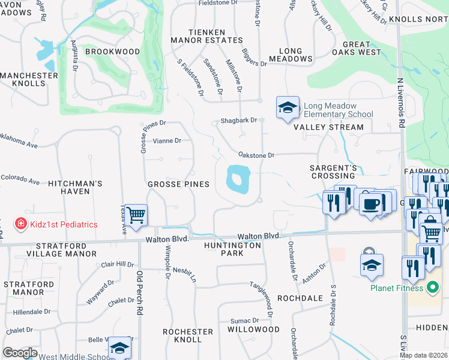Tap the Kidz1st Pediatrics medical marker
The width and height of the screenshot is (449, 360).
coord(20,224)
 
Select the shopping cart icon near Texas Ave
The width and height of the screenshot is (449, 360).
coord(136,214)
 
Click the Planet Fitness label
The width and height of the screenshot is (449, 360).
coord(397,287)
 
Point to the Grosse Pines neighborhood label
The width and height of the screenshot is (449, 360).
coord(179,184)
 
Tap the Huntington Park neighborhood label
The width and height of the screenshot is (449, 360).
coord(232,249)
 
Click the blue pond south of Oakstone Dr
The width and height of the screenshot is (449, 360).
coord(238,179)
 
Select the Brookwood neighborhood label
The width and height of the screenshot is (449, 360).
coord(112,52)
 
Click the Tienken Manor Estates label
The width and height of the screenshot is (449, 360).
coord(206,36)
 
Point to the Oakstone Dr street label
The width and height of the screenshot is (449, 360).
coord(256,155)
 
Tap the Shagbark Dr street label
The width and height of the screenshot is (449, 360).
coord(238,120)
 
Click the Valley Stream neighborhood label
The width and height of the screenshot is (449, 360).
coord(328,127)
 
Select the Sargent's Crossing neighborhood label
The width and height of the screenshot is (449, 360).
coord(333,172)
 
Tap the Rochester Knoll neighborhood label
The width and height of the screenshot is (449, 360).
coord(188,335)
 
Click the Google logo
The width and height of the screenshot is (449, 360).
coord(20,353)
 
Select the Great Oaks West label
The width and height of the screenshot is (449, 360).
coord(361,49)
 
